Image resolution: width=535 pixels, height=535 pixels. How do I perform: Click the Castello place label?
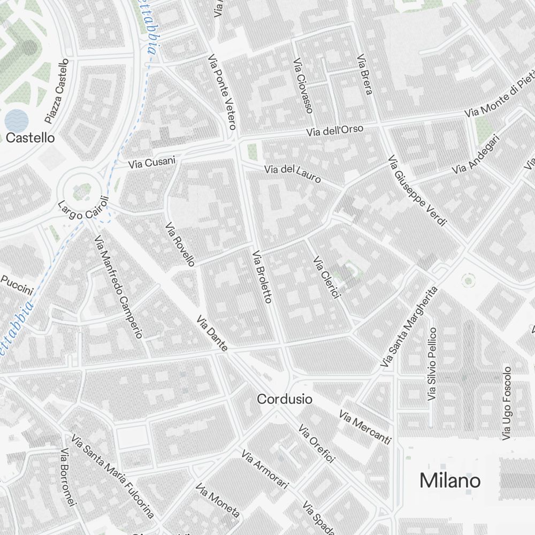pos(30,137)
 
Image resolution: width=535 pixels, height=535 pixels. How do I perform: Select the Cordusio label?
pos(285,399)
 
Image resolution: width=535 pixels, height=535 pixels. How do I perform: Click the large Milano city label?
pos(450,480)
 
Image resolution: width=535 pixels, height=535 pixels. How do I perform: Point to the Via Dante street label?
pos(212,334)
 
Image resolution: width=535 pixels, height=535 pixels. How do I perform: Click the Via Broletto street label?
pos(262,277)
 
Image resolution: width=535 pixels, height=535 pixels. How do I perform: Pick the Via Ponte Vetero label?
pos(222,92)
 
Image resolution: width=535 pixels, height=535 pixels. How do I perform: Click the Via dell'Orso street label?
pos(335,130)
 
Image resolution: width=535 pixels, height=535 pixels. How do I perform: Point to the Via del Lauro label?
pos(293,173)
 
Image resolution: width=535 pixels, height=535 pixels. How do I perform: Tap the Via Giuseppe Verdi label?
pos(417,190)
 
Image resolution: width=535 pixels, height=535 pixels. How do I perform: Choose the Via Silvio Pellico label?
pos(432,364)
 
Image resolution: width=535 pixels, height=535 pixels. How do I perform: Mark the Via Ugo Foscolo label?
pos(507,403)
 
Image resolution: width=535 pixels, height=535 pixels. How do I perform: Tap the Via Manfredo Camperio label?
pos(119,287)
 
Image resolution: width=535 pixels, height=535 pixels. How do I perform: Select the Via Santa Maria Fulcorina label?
pos(112,478)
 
